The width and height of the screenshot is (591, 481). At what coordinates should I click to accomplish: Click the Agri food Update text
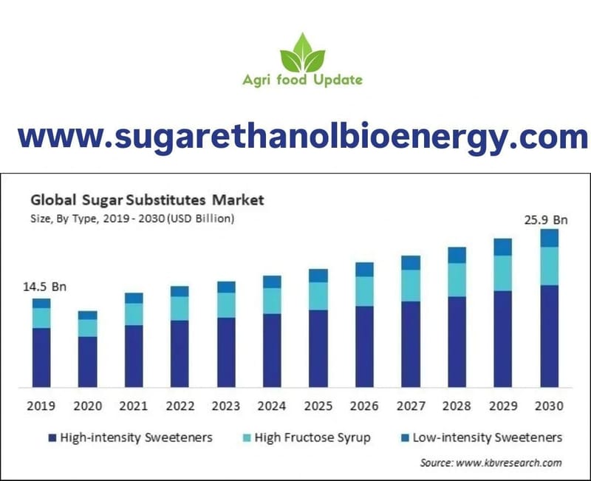[302, 80]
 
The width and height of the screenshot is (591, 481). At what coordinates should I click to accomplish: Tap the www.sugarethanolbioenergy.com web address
[302, 137]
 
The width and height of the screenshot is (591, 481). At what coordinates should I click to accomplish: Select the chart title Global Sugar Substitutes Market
[146, 199]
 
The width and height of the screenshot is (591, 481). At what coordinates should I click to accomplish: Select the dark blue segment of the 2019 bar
[41, 358]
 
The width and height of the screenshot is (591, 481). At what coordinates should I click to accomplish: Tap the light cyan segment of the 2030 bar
[549, 266]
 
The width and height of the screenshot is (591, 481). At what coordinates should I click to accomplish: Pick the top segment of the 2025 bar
[318, 276]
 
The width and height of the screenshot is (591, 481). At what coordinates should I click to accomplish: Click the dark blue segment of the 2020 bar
[88, 361]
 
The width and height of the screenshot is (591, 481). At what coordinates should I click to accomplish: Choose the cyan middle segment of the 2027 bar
[411, 285]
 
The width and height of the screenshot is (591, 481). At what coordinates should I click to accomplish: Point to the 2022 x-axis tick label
[180, 406]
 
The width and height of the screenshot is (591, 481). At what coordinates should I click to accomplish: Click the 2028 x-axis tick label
[457, 406]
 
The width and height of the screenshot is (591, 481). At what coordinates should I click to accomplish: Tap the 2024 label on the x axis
[272, 406]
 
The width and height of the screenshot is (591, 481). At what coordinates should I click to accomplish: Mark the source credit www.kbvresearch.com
[491, 463]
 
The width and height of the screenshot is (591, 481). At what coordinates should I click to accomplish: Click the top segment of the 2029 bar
[503, 247]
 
